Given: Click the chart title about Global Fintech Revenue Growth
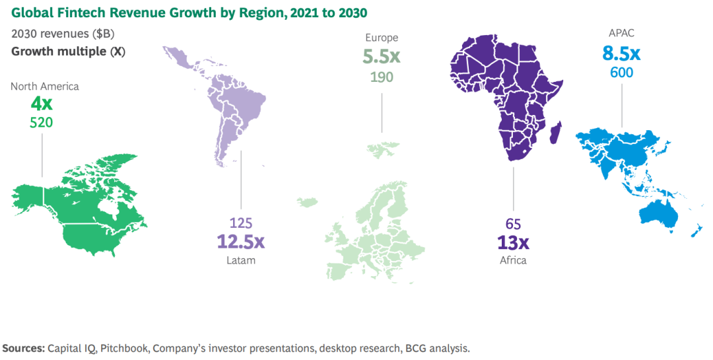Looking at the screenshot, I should tap(188, 12).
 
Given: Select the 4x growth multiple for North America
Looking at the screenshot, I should tap(42, 104).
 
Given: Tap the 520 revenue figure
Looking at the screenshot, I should tap(42, 122).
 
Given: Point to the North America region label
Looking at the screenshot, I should tap(44, 87).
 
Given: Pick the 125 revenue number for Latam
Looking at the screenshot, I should tap(240, 223).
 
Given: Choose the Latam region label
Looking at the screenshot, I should tap(240, 260).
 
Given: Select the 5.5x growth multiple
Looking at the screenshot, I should tap(382, 57).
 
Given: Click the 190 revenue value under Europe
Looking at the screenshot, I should tap(382, 77).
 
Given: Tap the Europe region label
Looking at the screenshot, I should tap(382, 38).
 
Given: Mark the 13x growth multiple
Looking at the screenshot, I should tap(513, 241).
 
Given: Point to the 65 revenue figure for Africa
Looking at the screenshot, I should tap(513, 223).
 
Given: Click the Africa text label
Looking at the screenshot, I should tap(513, 260).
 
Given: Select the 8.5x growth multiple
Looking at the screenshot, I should tap(621, 53).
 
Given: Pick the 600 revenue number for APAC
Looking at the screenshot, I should tap(621, 72).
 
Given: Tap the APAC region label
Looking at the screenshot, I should tap(621, 33).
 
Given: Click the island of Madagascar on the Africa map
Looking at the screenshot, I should tap(557, 132).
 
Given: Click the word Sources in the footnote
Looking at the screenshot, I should tap(24, 347).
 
